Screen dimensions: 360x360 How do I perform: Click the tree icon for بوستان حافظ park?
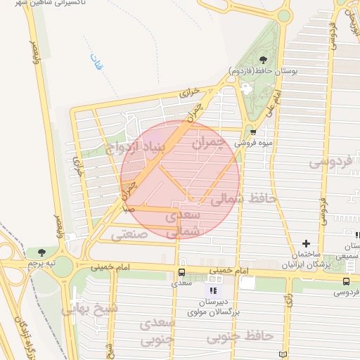coord(263,60)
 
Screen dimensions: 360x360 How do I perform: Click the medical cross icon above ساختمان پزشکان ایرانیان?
coord(305,243)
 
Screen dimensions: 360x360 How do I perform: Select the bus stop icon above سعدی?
coord(182,272)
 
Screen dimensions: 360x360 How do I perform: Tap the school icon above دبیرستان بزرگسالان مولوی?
coord(213,290)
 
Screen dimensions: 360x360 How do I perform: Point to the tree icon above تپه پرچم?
coord(42,252)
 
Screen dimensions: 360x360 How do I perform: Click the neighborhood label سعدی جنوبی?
coord(157,331)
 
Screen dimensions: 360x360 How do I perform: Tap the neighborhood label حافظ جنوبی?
coord(240,337)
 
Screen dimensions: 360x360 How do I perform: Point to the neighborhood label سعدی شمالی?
coord(184,222)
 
